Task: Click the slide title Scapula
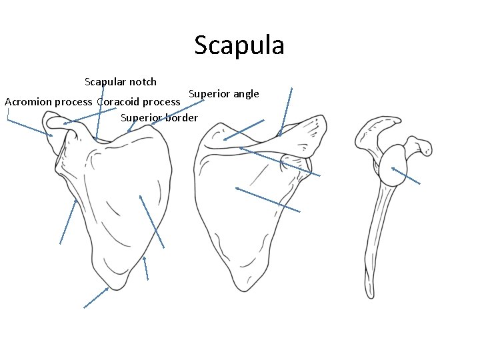click(239, 45)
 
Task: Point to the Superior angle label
click(223, 93)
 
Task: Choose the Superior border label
click(159, 118)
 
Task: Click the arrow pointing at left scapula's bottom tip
click(96, 297)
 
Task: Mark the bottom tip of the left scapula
click(115, 289)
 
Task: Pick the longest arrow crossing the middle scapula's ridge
click(280, 162)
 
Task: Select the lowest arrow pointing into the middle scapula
click(268, 199)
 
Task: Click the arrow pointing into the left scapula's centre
click(151, 221)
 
